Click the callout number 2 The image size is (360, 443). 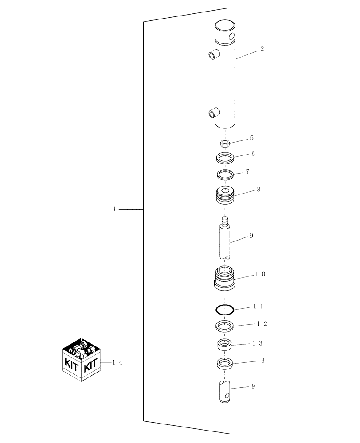pyautogui.click(x=262, y=49)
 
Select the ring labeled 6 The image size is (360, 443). pyautogui.click(x=225, y=158)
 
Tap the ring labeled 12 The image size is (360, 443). pyautogui.click(x=225, y=326)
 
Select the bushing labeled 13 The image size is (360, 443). pyautogui.click(x=225, y=344)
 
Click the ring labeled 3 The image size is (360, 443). pyautogui.click(x=225, y=363)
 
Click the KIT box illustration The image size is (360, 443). pyautogui.click(x=82, y=360)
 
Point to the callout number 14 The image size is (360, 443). pyautogui.click(x=117, y=362)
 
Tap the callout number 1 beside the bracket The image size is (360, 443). pyautogui.click(x=114, y=209)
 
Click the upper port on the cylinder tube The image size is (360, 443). pyautogui.click(x=213, y=55)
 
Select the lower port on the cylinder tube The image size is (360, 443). pyautogui.click(x=213, y=113)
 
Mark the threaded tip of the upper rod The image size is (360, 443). pyautogui.click(x=225, y=220)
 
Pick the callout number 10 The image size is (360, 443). pyautogui.click(x=260, y=274)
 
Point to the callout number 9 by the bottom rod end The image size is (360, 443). pyautogui.click(x=253, y=386)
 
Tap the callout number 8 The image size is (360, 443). pyautogui.click(x=258, y=189)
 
